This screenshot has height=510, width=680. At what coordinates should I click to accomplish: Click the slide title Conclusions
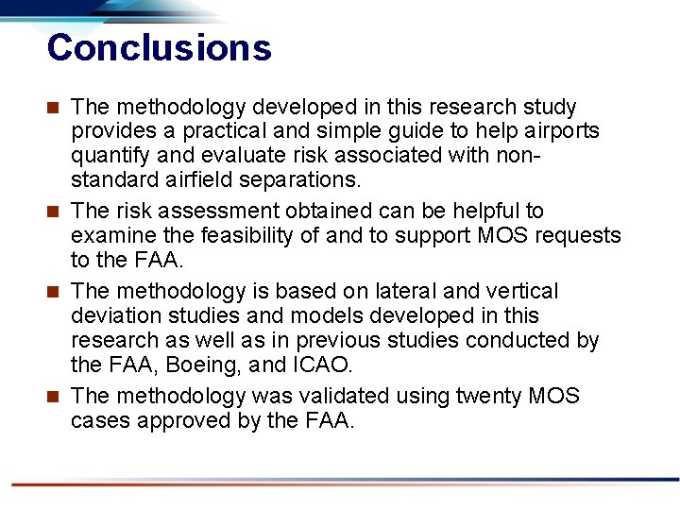pos(159,47)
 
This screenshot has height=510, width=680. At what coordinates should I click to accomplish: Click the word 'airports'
pos(567,131)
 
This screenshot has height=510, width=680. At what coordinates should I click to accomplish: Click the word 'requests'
pos(578,234)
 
